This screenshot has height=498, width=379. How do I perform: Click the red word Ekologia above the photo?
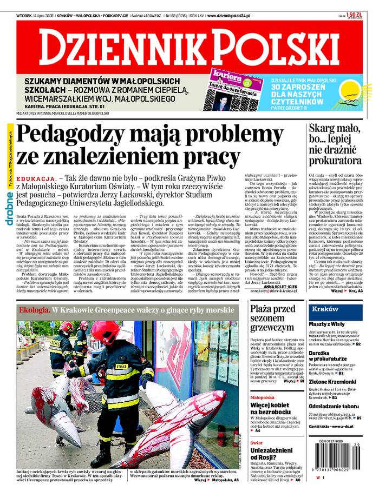point(34,311)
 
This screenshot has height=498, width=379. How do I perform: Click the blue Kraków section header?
point(325,309)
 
